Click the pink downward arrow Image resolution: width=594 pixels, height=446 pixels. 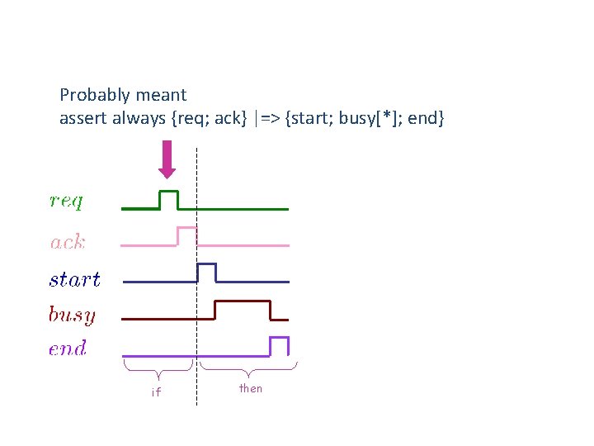click(x=167, y=159)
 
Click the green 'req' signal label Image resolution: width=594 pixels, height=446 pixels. click(x=66, y=201)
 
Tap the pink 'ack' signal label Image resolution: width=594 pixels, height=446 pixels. click(x=68, y=242)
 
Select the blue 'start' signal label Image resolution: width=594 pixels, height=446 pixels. click(x=74, y=279)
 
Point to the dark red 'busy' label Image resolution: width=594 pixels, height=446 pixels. click(x=72, y=315)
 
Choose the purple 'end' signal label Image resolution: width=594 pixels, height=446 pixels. click(x=68, y=349)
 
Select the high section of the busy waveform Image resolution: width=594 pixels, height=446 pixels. click(x=243, y=302)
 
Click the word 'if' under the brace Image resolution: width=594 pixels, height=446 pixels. click(x=156, y=392)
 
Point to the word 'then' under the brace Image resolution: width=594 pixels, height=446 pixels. click(x=250, y=388)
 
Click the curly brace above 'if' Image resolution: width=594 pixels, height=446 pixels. click(x=158, y=366)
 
